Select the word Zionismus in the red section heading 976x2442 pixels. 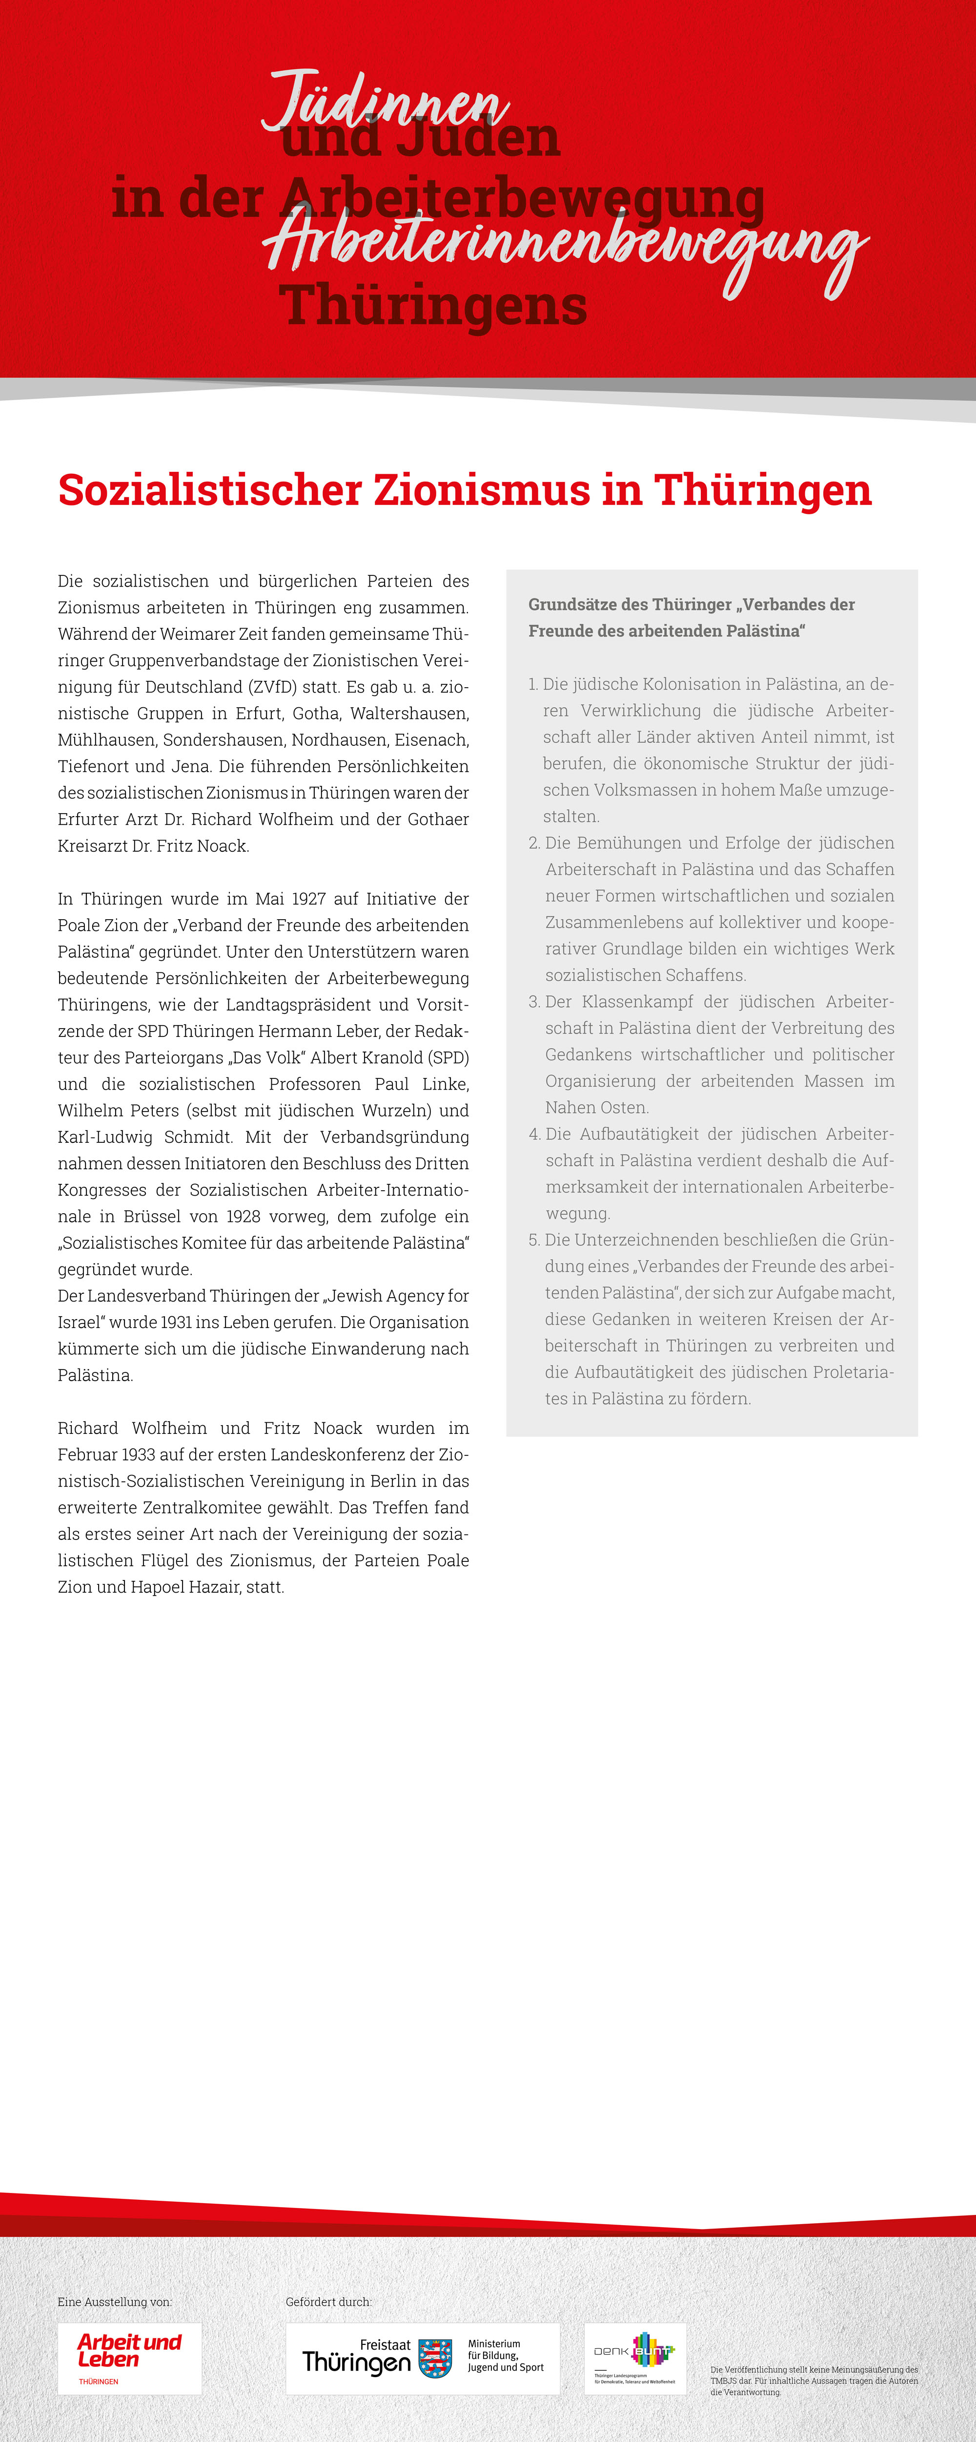(482, 490)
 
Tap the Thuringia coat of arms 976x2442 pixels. (435, 2358)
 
